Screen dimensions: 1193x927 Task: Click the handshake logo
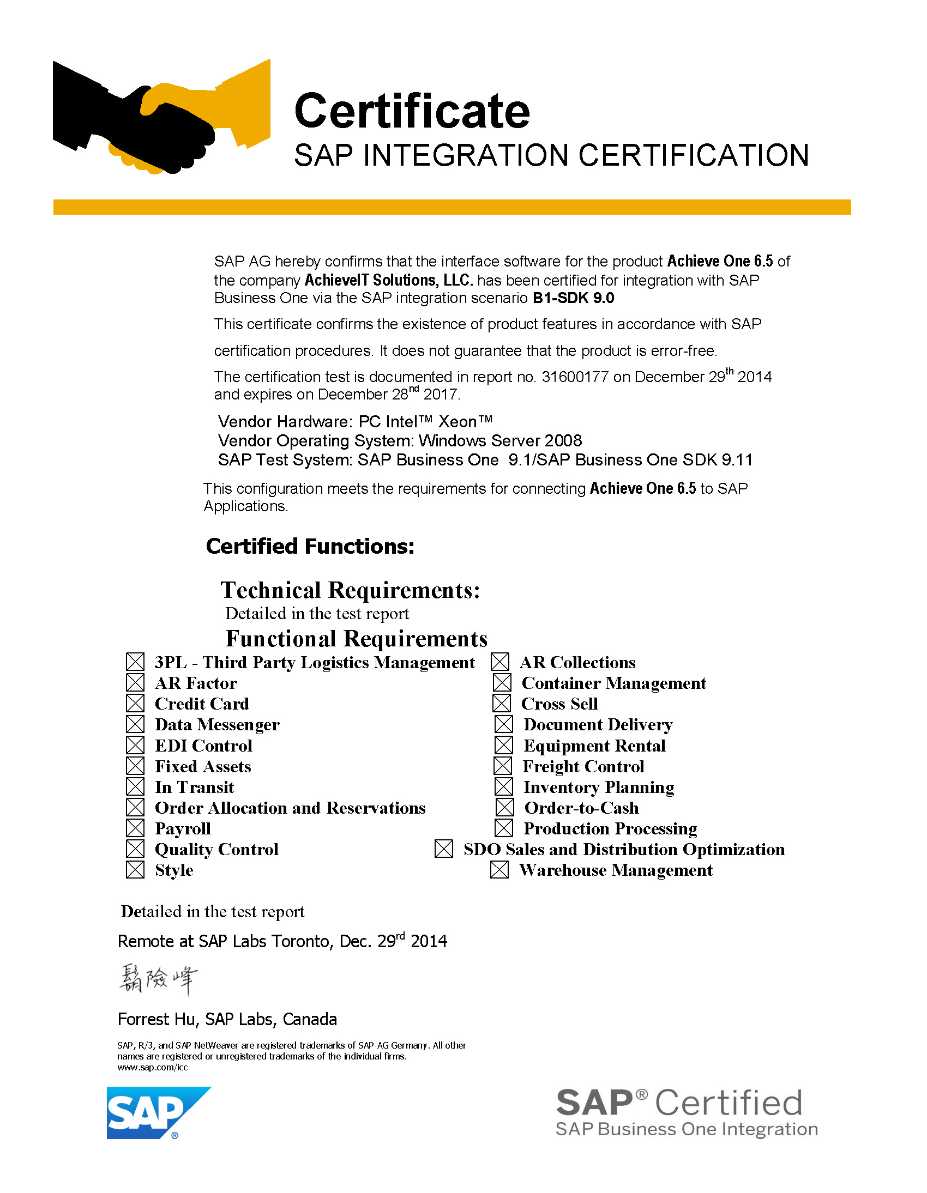click(x=161, y=117)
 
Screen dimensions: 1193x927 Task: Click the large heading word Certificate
click(x=412, y=111)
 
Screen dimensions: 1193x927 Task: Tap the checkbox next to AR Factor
click(x=135, y=683)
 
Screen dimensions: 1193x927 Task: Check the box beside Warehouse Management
click(x=499, y=870)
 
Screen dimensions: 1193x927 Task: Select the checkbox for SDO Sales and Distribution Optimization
click(x=443, y=849)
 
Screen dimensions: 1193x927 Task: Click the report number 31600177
click(x=574, y=377)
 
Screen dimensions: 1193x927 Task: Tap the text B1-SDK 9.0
click(x=573, y=298)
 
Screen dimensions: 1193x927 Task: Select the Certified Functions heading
click(x=310, y=546)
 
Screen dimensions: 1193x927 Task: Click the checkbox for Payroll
click(x=135, y=828)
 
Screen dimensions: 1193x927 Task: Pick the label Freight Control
click(x=583, y=766)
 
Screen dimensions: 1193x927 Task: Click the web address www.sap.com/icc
click(x=153, y=1067)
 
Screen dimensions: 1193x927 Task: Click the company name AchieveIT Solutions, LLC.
click(x=389, y=280)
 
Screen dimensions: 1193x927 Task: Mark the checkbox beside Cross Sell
click(x=501, y=704)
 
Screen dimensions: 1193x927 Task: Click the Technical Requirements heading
click(x=351, y=590)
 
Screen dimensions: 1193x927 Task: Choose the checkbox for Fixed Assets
click(x=135, y=766)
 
